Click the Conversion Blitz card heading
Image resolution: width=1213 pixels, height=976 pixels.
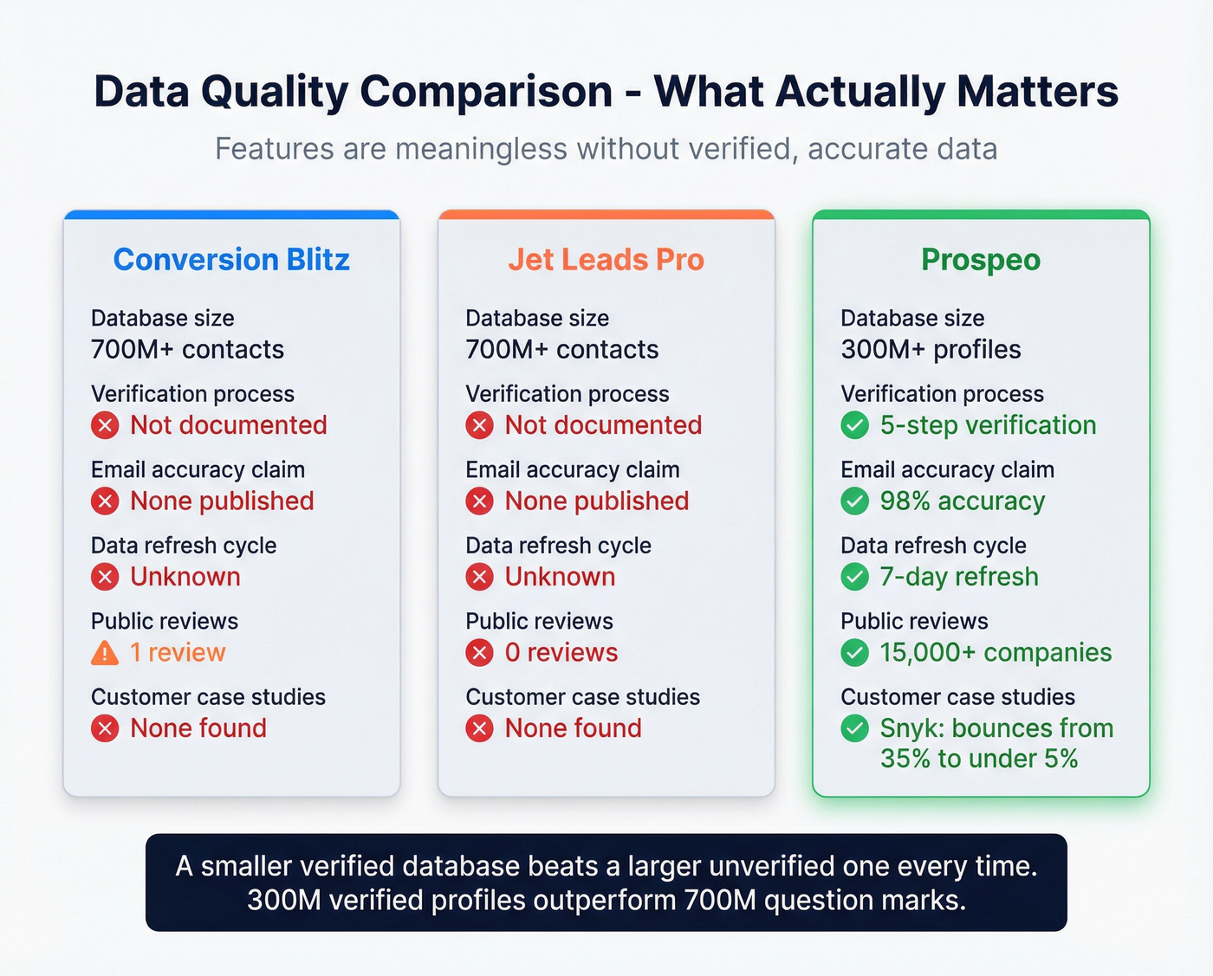[x=231, y=260]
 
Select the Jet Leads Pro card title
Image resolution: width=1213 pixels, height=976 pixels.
[x=606, y=260]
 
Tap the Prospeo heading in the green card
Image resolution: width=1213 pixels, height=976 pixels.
[x=981, y=260]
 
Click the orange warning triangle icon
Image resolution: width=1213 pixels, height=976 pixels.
[x=105, y=653]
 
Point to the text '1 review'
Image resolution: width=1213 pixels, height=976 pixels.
[x=178, y=653]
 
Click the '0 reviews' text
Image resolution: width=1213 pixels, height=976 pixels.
[x=561, y=653]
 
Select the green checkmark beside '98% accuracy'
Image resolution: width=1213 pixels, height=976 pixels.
[x=855, y=501]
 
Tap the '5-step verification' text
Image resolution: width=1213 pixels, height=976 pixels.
[x=988, y=425]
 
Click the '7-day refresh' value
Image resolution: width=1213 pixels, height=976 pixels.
[x=959, y=577]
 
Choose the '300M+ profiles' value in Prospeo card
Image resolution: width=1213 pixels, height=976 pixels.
[x=931, y=350]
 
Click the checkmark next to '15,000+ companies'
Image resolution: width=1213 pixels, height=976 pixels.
[x=855, y=653]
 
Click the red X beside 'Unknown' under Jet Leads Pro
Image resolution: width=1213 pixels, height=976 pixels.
[x=480, y=577]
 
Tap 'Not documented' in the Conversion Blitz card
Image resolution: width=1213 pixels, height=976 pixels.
[x=229, y=425]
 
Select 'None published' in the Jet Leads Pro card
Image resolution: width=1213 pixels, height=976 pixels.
[x=597, y=501]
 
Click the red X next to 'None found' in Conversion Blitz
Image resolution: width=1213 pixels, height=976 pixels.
[x=105, y=728]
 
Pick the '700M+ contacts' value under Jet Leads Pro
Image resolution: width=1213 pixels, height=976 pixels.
[x=561, y=350]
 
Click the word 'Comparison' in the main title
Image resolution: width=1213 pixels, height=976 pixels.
[x=486, y=92]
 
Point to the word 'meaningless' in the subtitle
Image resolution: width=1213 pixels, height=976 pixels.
[x=483, y=149]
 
